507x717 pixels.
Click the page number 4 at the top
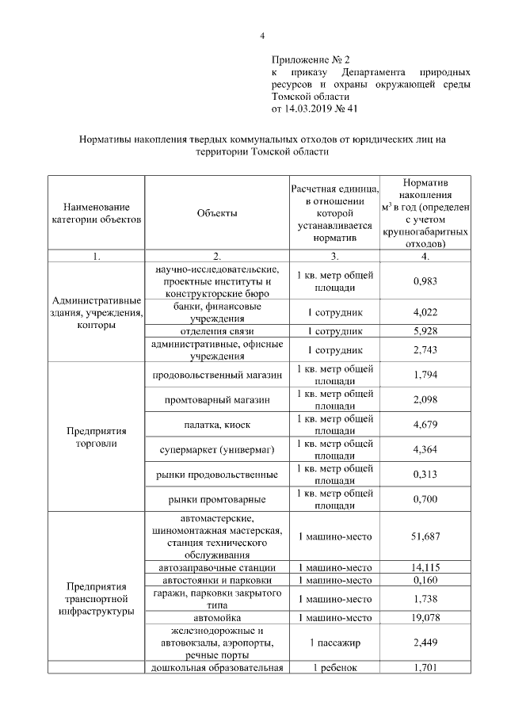(263, 36)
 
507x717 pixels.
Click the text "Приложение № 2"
(311, 59)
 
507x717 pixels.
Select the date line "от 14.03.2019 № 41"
(314, 108)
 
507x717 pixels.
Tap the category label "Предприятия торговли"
(97, 437)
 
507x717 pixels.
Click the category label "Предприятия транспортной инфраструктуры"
(97, 599)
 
